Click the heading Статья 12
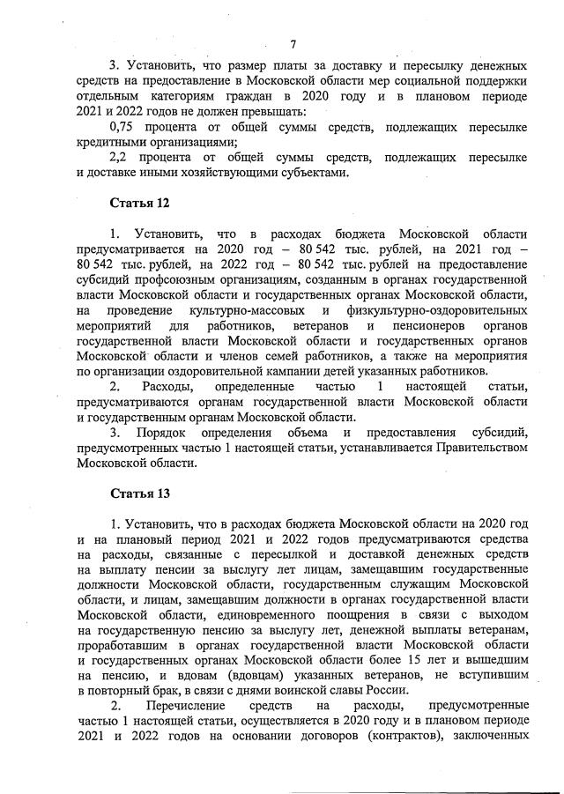point(139,203)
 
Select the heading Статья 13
point(139,492)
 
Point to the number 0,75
point(126,128)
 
